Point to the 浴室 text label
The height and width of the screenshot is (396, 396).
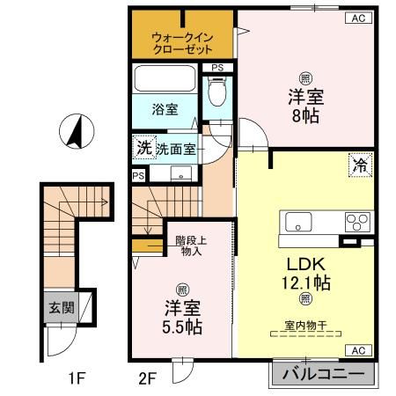point(165,110)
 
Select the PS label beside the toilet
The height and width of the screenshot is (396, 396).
point(216,68)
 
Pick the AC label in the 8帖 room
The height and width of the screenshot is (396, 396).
point(358,17)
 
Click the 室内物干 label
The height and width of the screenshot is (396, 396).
point(305,326)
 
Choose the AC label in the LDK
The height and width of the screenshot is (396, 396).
point(358,350)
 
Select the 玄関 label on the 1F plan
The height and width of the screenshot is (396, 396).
point(59,309)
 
